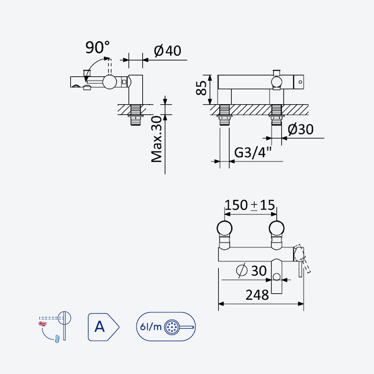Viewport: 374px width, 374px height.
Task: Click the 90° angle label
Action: coord(98,47)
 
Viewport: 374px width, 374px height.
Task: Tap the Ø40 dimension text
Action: coord(167,50)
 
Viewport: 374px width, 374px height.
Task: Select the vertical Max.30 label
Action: coord(157,139)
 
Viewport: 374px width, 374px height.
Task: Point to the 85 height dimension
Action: coord(201,88)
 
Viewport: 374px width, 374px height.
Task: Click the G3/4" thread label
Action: coord(253,152)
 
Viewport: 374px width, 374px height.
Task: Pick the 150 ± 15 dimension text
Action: coord(250,205)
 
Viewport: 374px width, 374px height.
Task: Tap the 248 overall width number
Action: coord(257,295)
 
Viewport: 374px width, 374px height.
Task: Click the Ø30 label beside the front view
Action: coord(300,129)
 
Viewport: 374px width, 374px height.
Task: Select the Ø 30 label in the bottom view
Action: coord(252,271)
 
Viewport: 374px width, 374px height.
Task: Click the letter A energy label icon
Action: coord(103,327)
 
